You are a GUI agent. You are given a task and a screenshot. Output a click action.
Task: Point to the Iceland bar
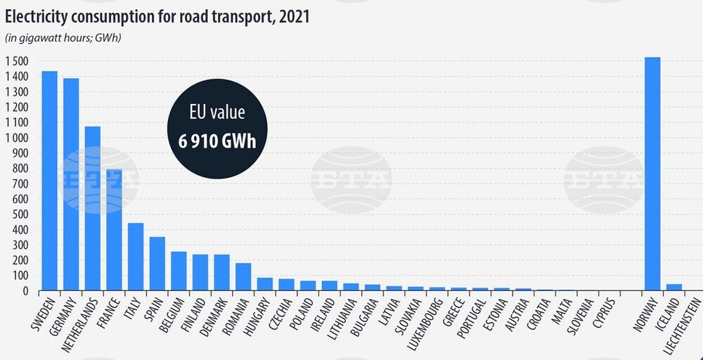pyautogui.click(x=673, y=287)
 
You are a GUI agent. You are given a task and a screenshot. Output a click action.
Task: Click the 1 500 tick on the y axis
pyautogui.click(x=16, y=61)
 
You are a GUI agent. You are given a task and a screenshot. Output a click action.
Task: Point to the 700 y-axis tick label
pyautogui.click(x=19, y=184)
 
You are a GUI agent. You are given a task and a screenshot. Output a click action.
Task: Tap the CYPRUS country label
pyautogui.click(x=605, y=314)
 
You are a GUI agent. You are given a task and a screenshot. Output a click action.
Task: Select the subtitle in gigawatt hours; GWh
pyautogui.click(x=64, y=38)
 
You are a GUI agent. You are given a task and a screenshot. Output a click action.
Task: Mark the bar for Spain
pyautogui.click(x=157, y=264)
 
